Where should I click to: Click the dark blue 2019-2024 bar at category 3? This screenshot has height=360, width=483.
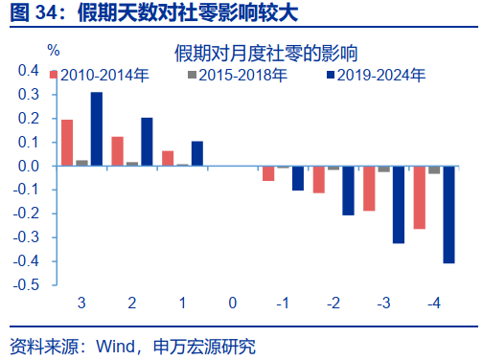click(x=97, y=129)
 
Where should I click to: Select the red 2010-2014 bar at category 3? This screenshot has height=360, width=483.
click(x=67, y=143)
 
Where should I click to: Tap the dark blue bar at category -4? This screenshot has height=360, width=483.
click(x=448, y=214)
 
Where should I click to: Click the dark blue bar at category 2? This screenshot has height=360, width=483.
click(x=148, y=142)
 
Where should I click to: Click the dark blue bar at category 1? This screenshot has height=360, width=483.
click(x=197, y=153)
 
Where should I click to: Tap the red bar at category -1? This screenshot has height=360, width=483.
click(x=268, y=173)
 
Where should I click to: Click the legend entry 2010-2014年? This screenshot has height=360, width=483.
click(x=96, y=73)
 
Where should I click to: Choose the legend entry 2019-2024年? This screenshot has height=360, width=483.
click(x=374, y=73)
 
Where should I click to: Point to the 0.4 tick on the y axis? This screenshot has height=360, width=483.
click(x=29, y=71)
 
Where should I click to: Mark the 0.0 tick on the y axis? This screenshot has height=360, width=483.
click(x=29, y=166)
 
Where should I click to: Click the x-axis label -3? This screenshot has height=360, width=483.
click(x=383, y=304)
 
